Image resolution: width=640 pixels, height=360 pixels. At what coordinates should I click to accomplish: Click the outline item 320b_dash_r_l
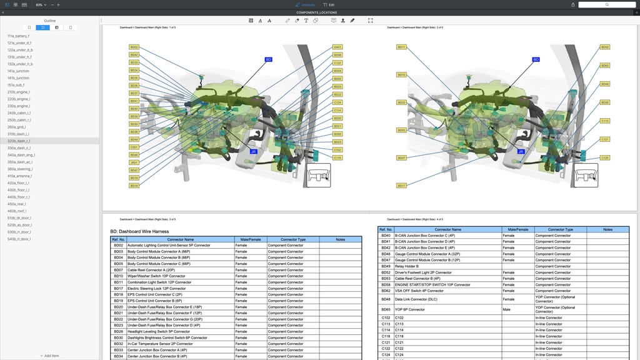click(x=18, y=141)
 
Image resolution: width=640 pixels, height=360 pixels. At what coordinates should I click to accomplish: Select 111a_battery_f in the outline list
click(x=18, y=36)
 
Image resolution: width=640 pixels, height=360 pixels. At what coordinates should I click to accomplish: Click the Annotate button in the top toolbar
click(x=305, y=4)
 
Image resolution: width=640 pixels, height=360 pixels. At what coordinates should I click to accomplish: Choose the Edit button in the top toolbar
click(x=329, y=4)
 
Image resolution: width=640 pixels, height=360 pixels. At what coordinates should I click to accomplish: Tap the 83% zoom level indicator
click(x=39, y=4)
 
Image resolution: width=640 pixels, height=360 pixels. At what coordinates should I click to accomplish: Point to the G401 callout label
click(x=337, y=47)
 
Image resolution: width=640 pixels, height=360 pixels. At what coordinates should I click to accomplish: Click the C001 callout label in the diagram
click(x=134, y=147)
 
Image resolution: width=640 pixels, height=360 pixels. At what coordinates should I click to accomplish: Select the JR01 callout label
click(x=134, y=162)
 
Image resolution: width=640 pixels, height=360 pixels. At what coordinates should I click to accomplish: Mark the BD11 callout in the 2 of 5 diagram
click(x=402, y=47)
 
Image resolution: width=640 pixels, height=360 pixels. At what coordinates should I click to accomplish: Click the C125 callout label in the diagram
click(x=605, y=158)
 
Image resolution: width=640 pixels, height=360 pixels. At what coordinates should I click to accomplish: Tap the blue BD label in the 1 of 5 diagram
click(x=269, y=59)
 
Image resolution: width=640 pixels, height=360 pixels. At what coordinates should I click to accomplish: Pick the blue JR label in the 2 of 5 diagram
click(x=521, y=151)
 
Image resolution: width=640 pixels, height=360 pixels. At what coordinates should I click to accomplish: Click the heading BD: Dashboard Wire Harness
click(x=139, y=231)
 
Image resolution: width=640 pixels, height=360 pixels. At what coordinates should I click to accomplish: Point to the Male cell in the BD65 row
click(x=507, y=309)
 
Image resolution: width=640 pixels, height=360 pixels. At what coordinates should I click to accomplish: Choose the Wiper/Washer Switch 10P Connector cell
click(x=156, y=276)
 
